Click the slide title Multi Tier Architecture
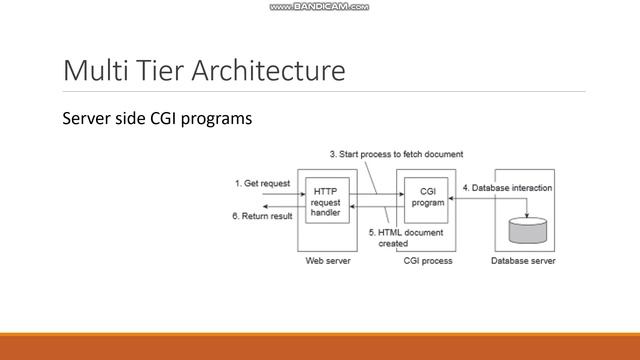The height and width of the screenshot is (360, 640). pyautogui.click(x=204, y=71)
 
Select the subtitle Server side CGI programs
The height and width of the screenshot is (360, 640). pyautogui.click(x=156, y=119)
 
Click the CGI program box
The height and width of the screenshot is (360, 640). pyautogui.click(x=428, y=196)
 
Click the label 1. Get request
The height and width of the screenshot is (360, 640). pyautogui.click(x=263, y=183)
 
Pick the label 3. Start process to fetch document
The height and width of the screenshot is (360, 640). pyautogui.click(x=396, y=154)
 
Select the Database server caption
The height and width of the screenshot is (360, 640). pyautogui.click(x=523, y=261)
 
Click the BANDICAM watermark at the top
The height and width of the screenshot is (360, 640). pyautogui.click(x=319, y=7)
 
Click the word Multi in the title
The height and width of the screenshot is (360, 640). pyautogui.click(x=91, y=71)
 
